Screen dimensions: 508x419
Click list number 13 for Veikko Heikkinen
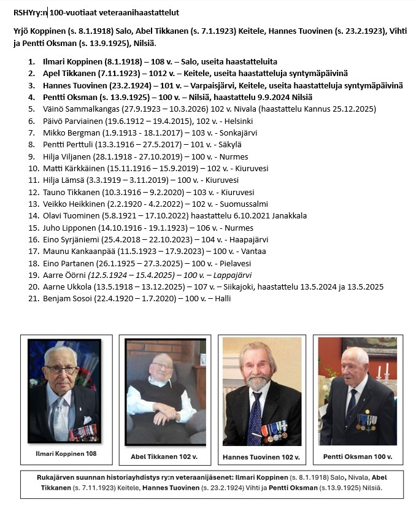click(x=33, y=204)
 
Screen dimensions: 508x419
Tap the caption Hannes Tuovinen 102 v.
click(x=261, y=457)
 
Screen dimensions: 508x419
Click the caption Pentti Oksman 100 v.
click(x=358, y=457)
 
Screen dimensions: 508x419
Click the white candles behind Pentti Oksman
click(x=383, y=370)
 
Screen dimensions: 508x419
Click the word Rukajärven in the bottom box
click(x=71, y=477)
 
